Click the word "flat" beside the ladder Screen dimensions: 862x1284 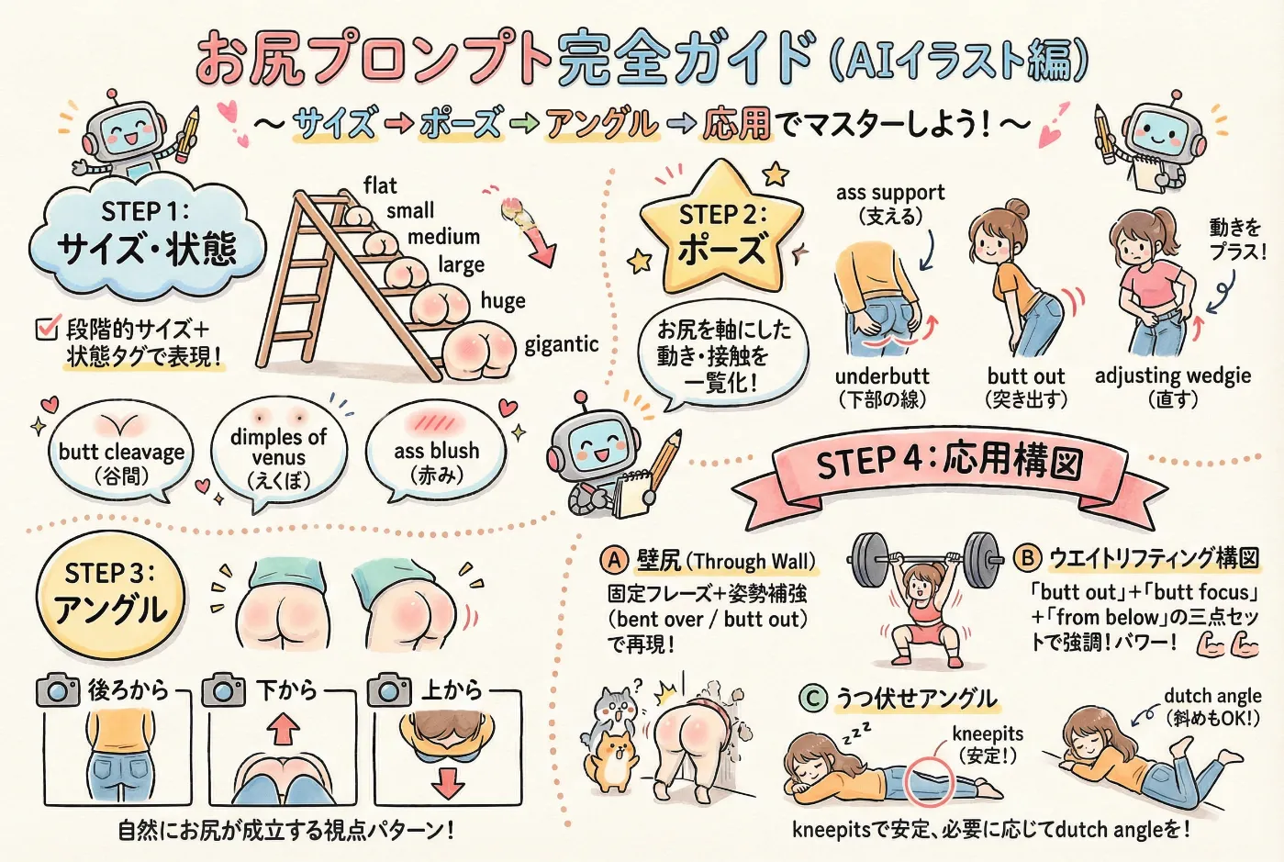(x=380, y=186)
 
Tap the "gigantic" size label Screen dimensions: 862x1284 (x=561, y=344)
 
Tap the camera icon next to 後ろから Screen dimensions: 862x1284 (x=58, y=690)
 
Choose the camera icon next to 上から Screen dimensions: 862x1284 (x=389, y=690)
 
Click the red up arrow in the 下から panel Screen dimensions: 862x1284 (x=282, y=729)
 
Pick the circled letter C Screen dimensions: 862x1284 (x=812, y=699)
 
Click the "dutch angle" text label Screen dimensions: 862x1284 (x=1211, y=696)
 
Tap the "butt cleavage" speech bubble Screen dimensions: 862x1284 (x=120, y=454)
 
